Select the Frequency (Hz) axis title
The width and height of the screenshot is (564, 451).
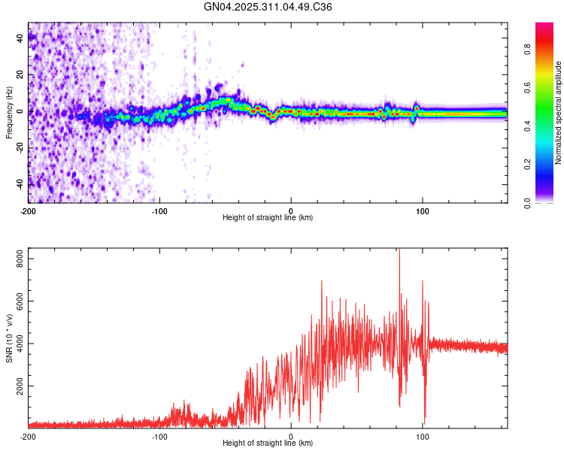click(9, 113)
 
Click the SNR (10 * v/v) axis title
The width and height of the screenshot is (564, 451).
click(9, 338)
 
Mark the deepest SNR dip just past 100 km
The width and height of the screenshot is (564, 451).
click(425, 422)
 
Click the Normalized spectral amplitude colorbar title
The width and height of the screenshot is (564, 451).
click(559, 113)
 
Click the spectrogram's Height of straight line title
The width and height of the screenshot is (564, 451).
click(268, 218)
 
